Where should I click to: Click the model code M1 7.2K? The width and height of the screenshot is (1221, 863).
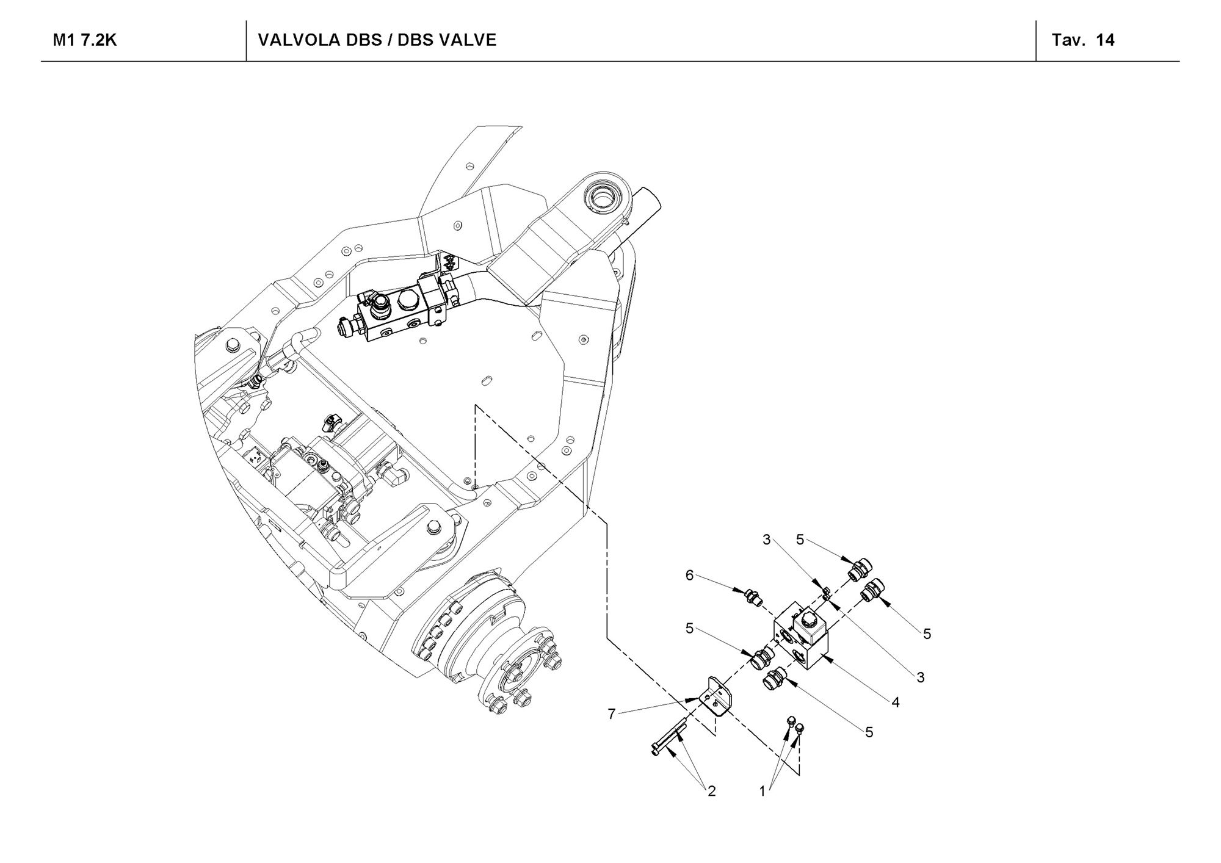point(85,40)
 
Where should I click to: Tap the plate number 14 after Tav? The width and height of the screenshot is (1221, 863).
point(1106,40)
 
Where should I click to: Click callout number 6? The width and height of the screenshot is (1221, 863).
point(690,575)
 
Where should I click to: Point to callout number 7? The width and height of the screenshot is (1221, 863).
point(612,713)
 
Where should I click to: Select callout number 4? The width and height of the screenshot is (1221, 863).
point(896,702)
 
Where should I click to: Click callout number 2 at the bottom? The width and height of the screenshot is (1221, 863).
point(711,792)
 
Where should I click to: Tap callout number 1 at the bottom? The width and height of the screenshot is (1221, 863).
point(762,792)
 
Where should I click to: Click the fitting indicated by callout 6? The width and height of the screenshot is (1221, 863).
point(752,596)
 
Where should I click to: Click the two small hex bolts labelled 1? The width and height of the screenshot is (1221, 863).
point(796,724)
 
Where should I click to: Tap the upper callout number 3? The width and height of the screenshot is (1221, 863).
point(767,540)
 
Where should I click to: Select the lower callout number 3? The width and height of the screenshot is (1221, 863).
point(921,677)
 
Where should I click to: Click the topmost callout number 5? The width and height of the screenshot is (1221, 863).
point(800,540)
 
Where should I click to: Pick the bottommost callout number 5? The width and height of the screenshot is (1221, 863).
point(869,732)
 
